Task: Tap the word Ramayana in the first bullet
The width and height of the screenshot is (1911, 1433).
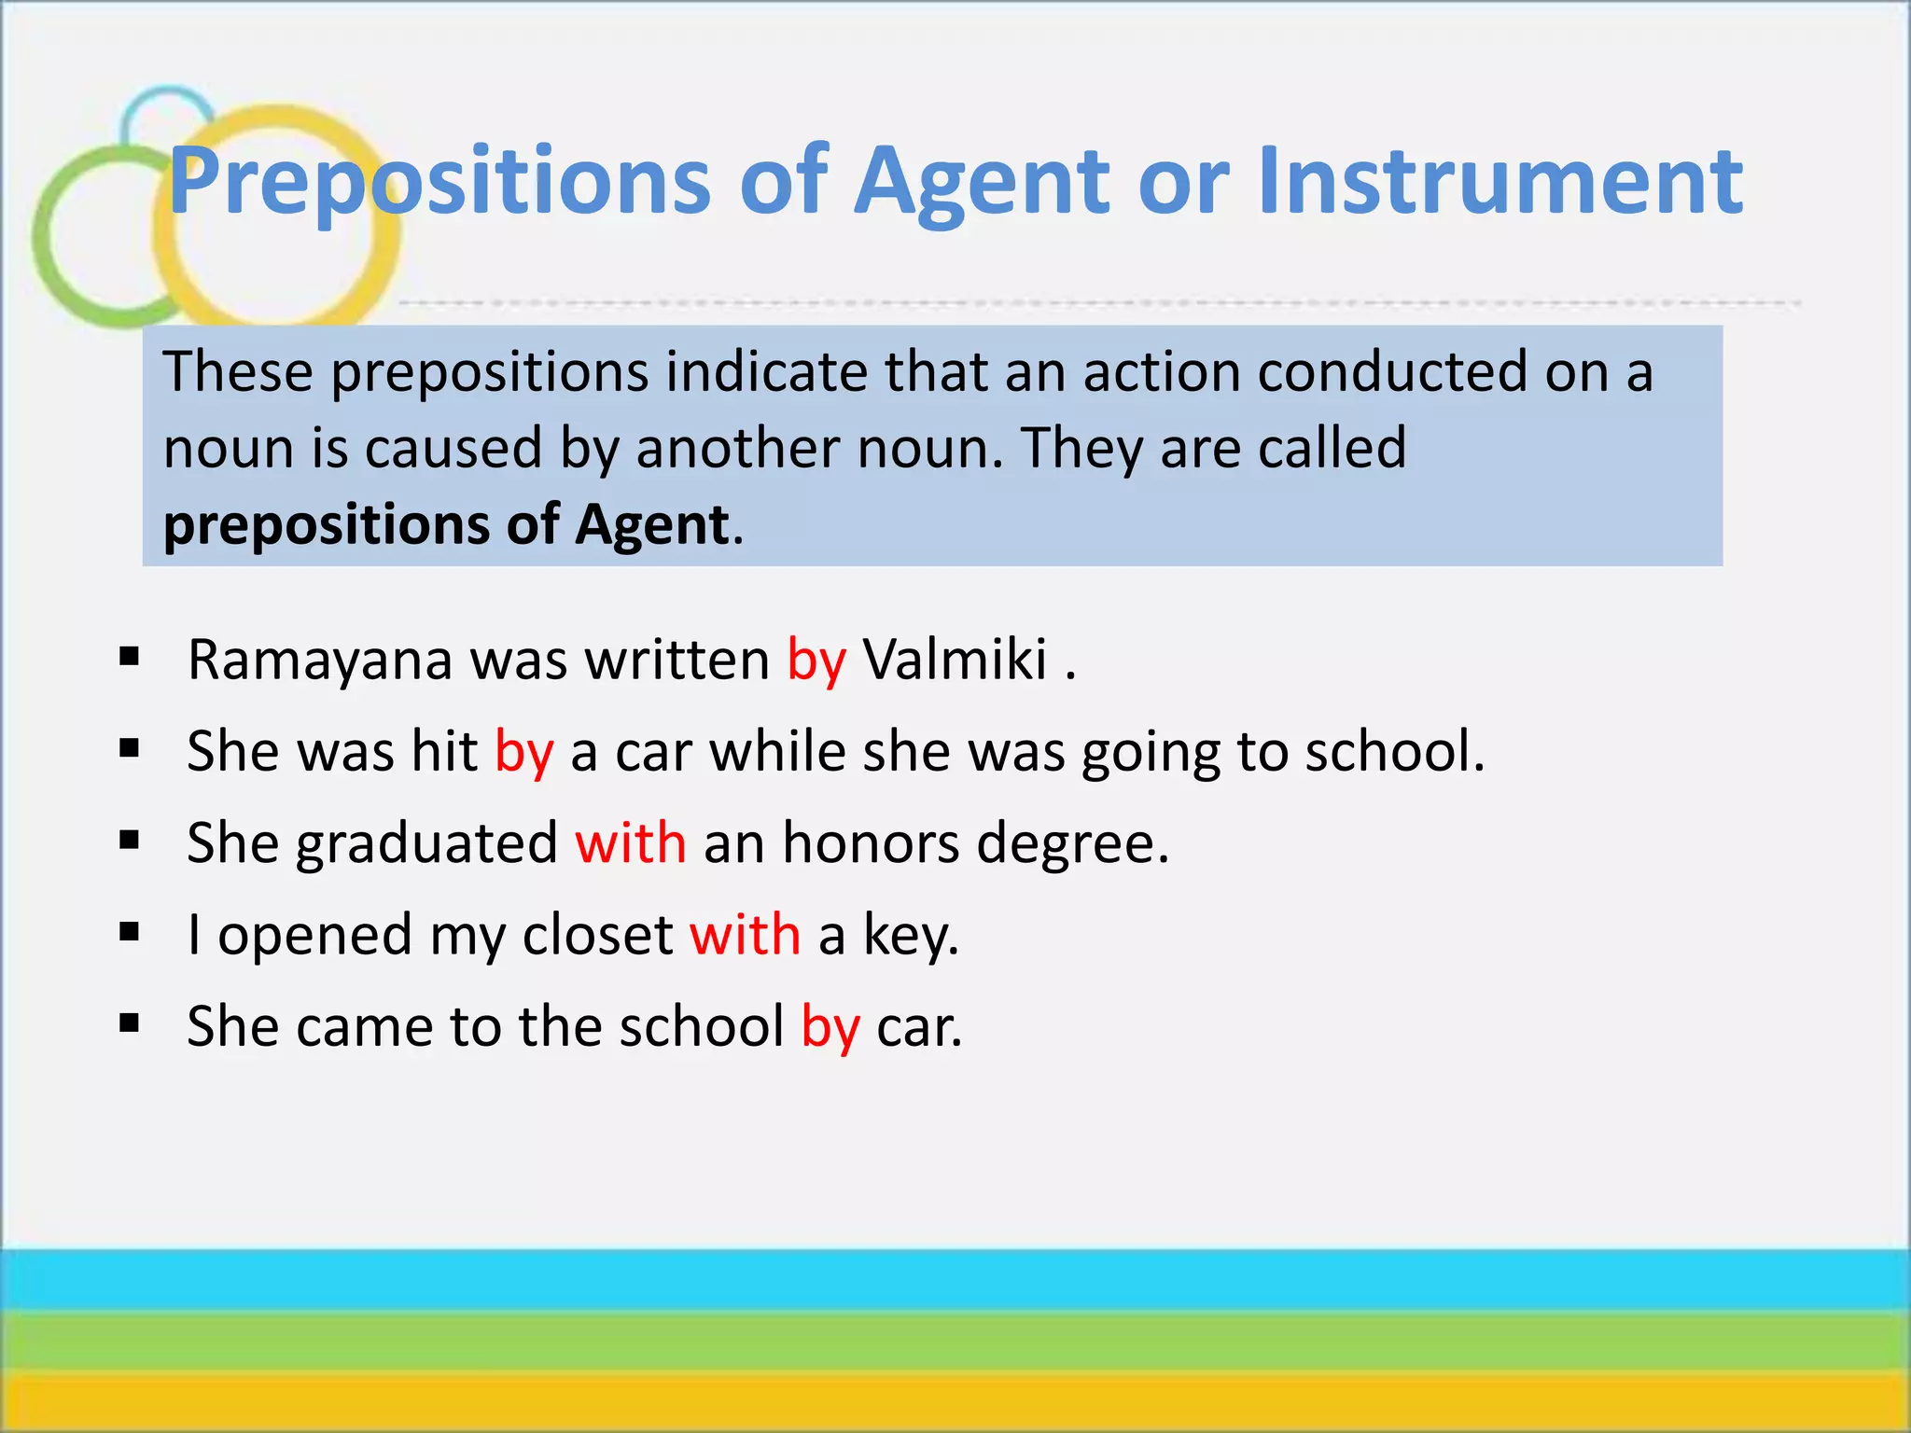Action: (x=320, y=661)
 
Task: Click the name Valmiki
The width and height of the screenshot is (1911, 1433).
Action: (x=955, y=660)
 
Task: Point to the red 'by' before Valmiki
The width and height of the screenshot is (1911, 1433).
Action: (x=816, y=661)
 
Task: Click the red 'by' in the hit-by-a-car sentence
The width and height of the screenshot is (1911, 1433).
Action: (x=524, y=752)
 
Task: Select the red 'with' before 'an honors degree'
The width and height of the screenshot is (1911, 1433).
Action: (x=631, y=842)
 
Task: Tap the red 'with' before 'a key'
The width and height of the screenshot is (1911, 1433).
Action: (x=745, y=934)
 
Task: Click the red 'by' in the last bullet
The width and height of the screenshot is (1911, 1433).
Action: (x=830, y=1027)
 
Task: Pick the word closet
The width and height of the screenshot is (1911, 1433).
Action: (x=597, y=934)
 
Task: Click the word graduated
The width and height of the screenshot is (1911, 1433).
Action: (x=426, y=844)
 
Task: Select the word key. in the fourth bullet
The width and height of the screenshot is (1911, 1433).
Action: (x=911, y=936)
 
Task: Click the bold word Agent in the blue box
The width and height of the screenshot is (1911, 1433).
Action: (x=651, y=525)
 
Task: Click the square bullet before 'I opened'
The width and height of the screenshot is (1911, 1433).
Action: (x=130, y=932)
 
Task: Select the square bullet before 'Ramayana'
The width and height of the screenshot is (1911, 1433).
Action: (x=130, y=658)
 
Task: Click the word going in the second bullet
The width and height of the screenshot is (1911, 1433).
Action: (x=1151, y=753)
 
